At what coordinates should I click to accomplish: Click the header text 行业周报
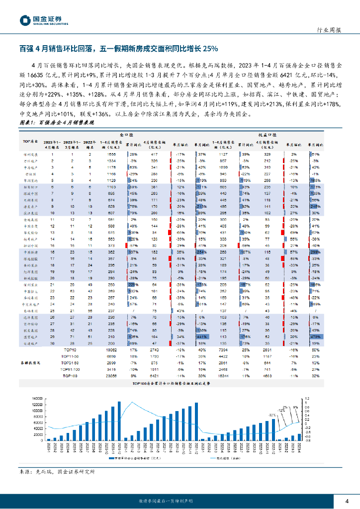click(x=329, y=30)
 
